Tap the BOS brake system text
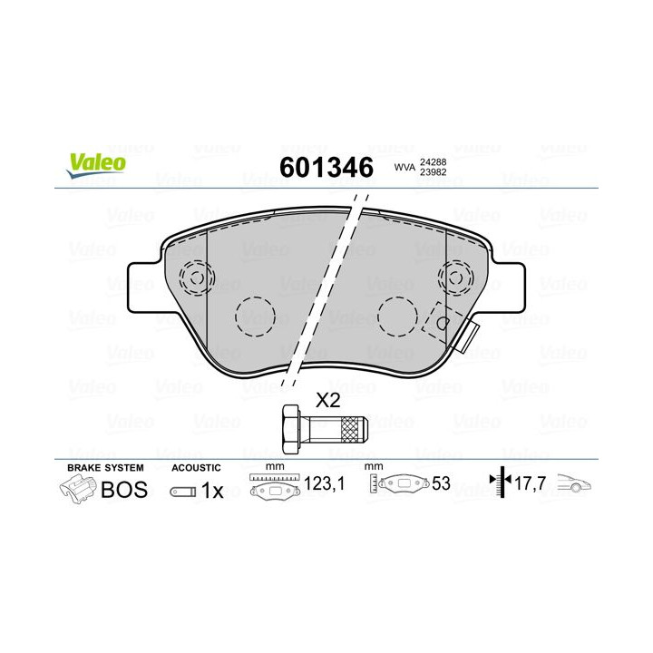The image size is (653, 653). pos(118,491)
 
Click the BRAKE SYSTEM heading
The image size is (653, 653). pos(105,467)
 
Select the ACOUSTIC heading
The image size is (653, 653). pos(196,467)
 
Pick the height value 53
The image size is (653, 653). pos(442,485)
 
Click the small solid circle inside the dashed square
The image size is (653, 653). pos(442,322)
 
